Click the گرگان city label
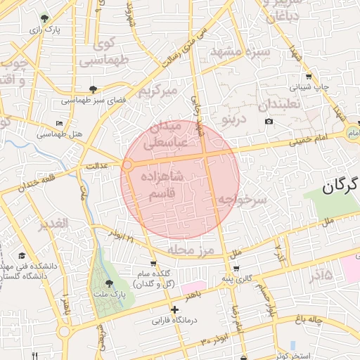pyautogui.click(x=342, y=186)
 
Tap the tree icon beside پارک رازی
pyautogui.click(x=46, y=19)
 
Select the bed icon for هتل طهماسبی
pyautogui.click(x=60, y=122)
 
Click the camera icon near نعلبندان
pyautogui.click(x=269, y=122)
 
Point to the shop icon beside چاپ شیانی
pyautogui.click(x=309, y=77)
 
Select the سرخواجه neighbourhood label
pyautogui.click(x=243, y=200)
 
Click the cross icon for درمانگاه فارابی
pyautogui.click(x=174, y=309)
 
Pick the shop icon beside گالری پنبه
pyautogui.click(x=236, y=269)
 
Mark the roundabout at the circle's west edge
pyautogui.click(x=128, y=166)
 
